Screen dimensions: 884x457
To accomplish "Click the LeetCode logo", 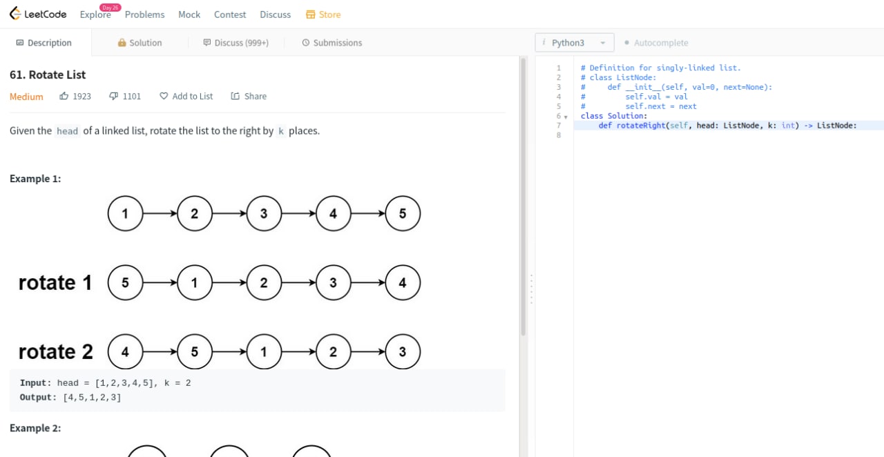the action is tap(38, 14).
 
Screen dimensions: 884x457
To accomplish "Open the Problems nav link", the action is tap(144, 14).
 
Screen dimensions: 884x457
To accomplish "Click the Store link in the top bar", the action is tap(323, 14).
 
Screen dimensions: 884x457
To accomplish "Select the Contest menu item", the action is tap(230, 14).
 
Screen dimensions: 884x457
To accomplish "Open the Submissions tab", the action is tap(332, 43).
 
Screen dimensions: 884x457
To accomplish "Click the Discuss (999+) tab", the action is tap(236, 43).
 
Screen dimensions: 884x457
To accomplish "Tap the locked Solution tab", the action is tap(140, 43).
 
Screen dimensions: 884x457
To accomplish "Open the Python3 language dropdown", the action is tap(574, 43).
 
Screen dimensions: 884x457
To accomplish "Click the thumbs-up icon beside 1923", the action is tap(64, 96).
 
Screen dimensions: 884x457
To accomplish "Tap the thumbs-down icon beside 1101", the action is tap(114, 96).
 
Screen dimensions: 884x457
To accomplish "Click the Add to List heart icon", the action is tap(164, 96).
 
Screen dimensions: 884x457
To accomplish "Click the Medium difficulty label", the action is tap(26, 97).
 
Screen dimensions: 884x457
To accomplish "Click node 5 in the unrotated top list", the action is tap(403, 213).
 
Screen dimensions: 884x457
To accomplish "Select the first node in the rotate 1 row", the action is tap(125, 282).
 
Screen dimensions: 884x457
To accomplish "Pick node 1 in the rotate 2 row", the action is tap(264, 351).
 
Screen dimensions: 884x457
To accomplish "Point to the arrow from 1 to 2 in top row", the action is tap(160, 213).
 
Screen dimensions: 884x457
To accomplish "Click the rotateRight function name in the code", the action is tap(641, 126).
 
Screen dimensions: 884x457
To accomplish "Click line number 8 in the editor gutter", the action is tap(559, 135).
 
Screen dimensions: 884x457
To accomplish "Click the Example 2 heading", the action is tap(35, 428).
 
